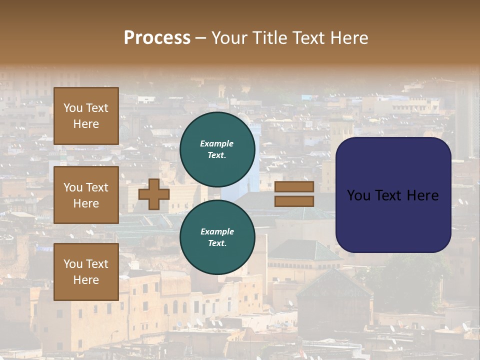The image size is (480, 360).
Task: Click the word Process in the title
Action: coord(157,38)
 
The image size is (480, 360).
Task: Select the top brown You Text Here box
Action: coord(86,116)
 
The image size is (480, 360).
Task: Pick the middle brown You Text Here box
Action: coord(86,195)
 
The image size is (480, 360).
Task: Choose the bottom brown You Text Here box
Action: coord(86,272)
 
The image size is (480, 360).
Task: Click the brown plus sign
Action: coord(154,194)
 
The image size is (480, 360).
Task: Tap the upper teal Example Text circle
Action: coord(217,149)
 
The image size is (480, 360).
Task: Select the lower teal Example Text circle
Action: coord(217,237)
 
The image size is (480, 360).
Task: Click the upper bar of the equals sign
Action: coord(294,186)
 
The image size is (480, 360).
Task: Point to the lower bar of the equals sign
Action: coord(294,201)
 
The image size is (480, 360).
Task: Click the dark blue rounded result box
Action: coord(393,220)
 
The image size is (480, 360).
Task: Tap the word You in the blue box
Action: coord(358,195)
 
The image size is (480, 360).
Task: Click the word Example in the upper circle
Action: coord(217,144)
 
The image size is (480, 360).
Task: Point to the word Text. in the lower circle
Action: coord(217,243)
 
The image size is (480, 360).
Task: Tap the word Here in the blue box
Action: coord(422,195)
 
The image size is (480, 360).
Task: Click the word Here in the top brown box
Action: coord(86,124)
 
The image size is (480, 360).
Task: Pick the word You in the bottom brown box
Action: coord(73,264)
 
